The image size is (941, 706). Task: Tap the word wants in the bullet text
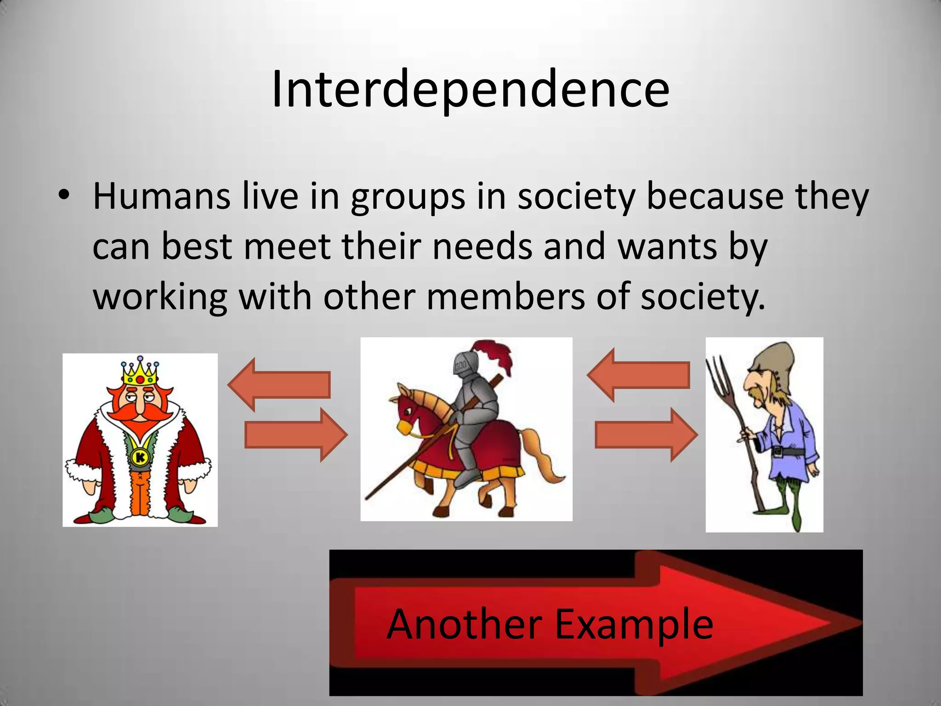pos(667,247)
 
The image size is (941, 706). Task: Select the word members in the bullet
pos(505,296)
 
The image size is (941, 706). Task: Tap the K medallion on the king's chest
pos(140,458)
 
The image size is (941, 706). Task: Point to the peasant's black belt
pos(786,452)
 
